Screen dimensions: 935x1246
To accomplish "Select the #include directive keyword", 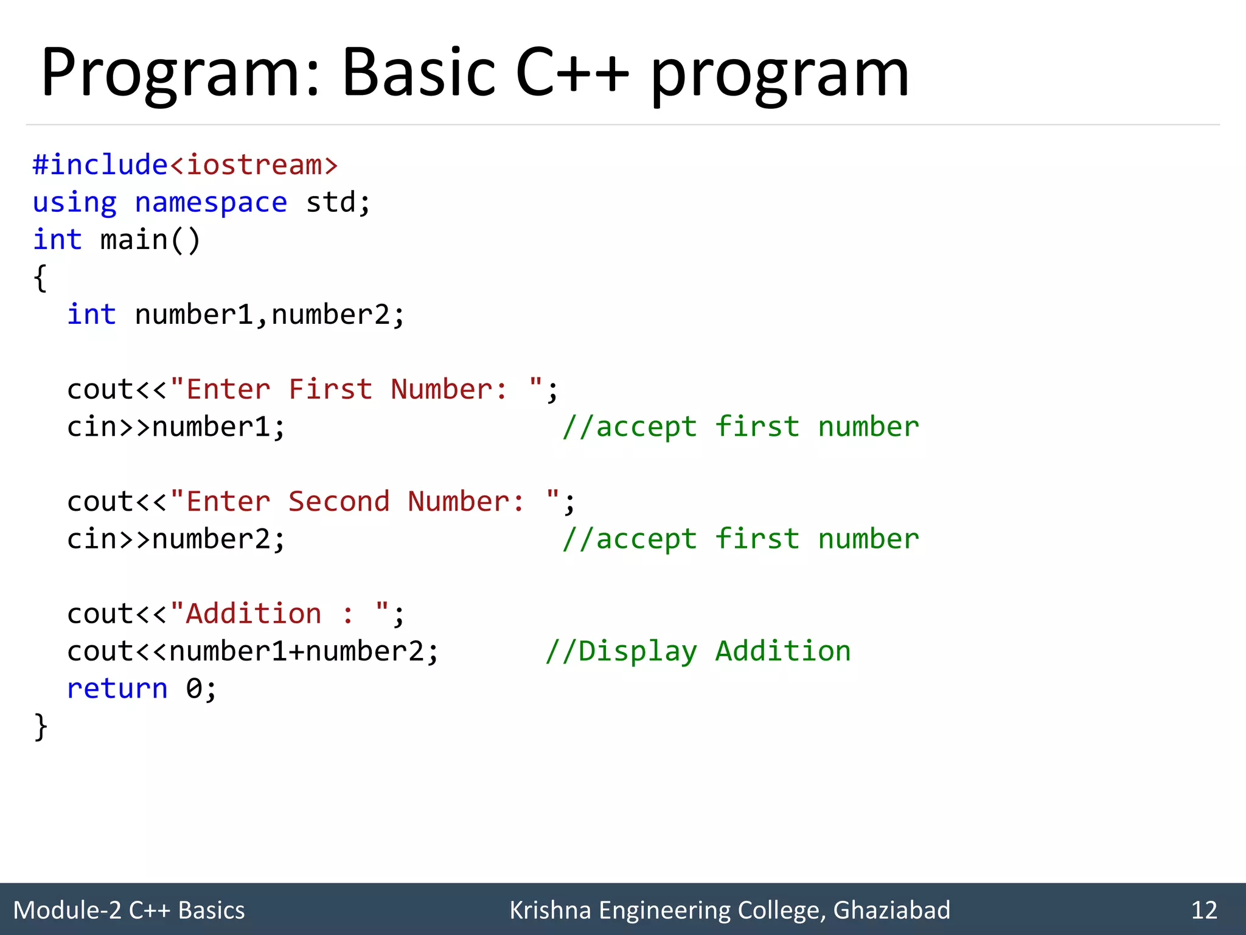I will click(x=100, y=165).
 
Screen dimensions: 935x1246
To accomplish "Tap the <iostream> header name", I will click(x=254, y=165).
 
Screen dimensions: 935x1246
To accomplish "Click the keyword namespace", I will click(x=211, y=203).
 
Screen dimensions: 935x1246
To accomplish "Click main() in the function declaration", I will click(x=150, y=240).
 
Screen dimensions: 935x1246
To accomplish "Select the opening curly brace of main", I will click(x=40, y=278).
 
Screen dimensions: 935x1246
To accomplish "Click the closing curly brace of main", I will click(x=40, y=727).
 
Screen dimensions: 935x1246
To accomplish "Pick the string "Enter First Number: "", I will click(x=357, y=390).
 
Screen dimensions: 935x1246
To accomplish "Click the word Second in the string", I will click(x=339, y=502).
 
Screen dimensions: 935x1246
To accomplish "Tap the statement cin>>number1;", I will click(x=176, y=427).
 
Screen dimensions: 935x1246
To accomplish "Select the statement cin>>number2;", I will click(x=176, y=539).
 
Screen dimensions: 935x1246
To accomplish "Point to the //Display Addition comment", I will click(x=698, y=651).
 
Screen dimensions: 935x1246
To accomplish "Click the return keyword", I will click(x=117, y=688).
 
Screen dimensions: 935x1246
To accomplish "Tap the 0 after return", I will click(x=193, y=688).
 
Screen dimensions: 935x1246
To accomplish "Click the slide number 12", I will click(x=1204, y=910).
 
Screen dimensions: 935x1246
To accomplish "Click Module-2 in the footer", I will click(x=67, y=910).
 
